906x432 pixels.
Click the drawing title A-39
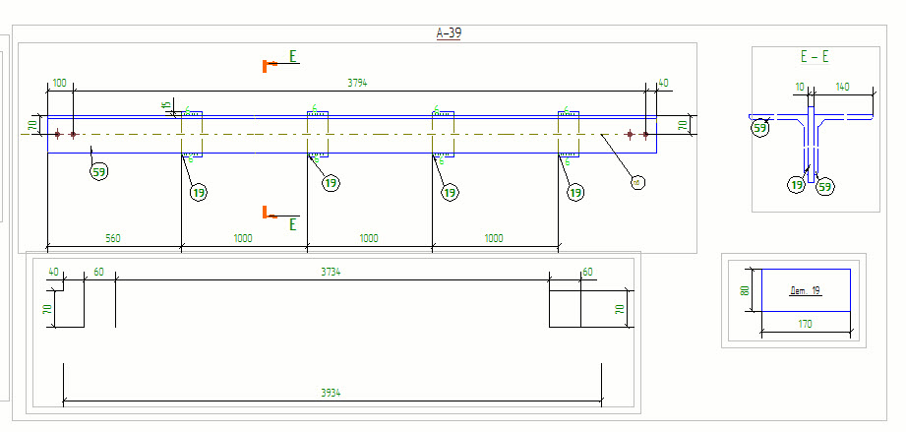pyautogui.click(x=449, y=33)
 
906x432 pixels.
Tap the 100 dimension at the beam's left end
pyautogui.click(x=59, y=84)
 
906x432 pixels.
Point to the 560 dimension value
pyautogui.click(x=113, y=238)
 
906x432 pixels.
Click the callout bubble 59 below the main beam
pyautogui.click(x=98, y=173)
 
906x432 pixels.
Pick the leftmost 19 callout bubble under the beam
pyautogui.click(x=199, y=193)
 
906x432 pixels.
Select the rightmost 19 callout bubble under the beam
pyautogui.click(x=575, y=193)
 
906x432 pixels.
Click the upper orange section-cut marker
pyautogui.click(x=265, y=66)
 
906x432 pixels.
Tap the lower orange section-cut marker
pyautogui.click(x=265, y=212)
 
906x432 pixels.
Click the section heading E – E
pyautogui.click(x=814, y=57)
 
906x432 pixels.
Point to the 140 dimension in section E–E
pyautogui.click(x=842, y=88)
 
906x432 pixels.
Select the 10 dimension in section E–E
pyautogui.click(x=799, y=88)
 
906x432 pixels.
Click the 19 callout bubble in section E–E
pyautogui.click(x=796, y=183)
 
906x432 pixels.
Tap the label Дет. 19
pyautogui.click(x=806, y=291)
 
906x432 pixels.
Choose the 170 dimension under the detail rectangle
pyautogui.click(x=805, y=324)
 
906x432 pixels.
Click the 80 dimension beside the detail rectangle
pyautogui.click(x=745, y=290)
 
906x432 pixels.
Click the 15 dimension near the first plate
pyautogui.click(x=167, y=104)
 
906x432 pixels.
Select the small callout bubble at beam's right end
pyautogui.click(x=636, y=181)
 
